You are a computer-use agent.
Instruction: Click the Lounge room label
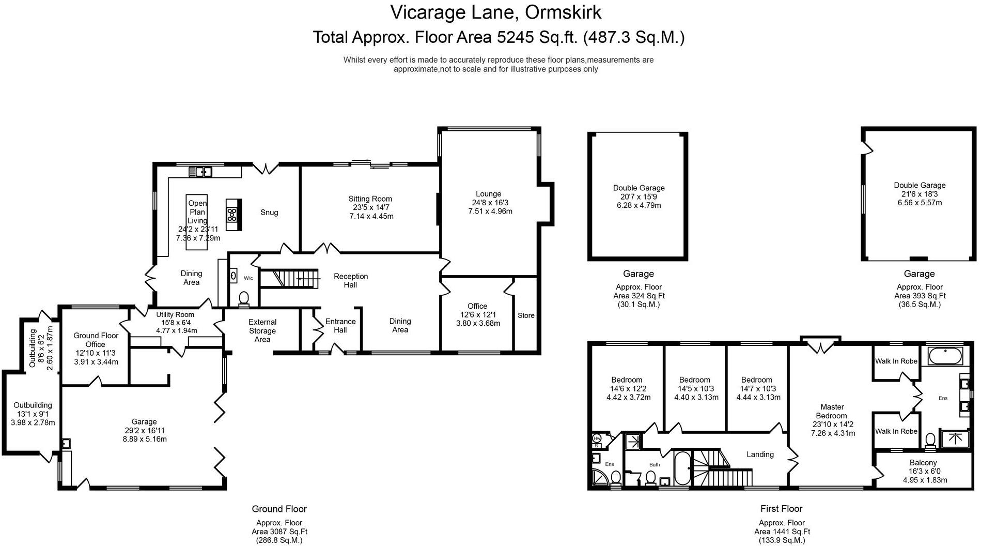coord(488,194)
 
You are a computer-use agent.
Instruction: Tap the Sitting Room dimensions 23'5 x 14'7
coord(370,207)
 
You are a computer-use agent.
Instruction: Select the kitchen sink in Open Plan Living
coord(200,171)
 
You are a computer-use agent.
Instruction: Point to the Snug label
coord(269,213)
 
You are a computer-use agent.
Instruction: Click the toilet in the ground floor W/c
coord(243,298)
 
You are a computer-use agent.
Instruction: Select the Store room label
coord(526,315)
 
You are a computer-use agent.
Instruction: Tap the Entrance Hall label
coord(340,326)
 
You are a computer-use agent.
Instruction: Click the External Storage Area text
coord(262,331)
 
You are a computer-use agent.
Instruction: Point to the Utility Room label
coord(175,314)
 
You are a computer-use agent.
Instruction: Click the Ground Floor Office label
coord(96,340)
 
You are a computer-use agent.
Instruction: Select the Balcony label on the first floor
coord(923,463)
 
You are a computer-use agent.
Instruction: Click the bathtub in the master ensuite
coord(945,356)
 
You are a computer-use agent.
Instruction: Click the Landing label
coord(760,454)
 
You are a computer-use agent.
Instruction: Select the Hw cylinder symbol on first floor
coord(597,437)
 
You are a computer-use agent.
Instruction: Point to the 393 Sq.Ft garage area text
coord(920,296)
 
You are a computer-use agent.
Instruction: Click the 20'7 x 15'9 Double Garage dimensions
coord(639,197)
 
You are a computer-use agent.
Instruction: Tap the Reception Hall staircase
coord(289,279)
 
